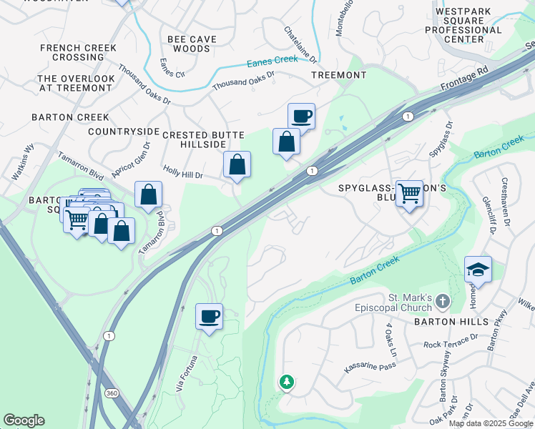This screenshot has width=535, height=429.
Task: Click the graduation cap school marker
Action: (x=478, y=269)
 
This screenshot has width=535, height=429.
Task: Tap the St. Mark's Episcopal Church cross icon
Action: (x=443, y=302)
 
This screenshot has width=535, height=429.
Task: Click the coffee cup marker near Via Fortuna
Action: (x=209, y=316)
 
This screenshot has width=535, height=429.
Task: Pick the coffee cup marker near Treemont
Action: (x=301, y=116)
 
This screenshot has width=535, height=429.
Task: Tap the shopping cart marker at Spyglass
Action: (x=409, y=192)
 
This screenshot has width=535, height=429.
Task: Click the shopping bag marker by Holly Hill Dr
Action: (x=237, y=164)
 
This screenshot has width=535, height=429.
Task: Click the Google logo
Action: (x=24, y=420)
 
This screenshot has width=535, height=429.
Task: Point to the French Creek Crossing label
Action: (x=72, y=52)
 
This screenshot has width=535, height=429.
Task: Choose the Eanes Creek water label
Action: (x=272, y=61)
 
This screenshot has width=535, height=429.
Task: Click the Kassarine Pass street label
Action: (x=370, y=367)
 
